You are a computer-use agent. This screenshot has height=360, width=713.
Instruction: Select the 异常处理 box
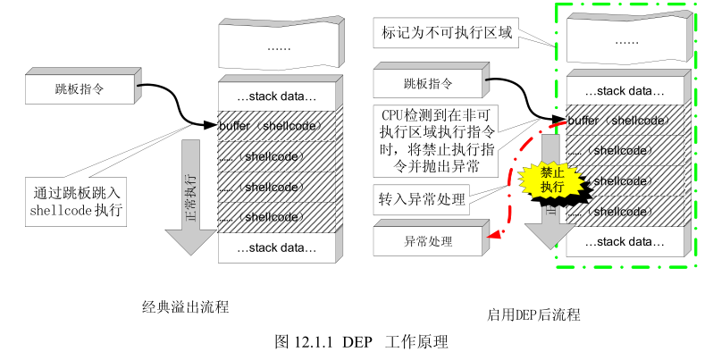click(428, 241)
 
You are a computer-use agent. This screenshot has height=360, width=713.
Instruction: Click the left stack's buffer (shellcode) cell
click(274, 126)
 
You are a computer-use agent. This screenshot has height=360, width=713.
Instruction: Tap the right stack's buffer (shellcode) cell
click(623, 121)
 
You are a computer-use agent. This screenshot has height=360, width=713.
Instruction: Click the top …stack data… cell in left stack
click(276, 96)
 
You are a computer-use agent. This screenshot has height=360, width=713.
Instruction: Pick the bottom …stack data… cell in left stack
click(276, 247)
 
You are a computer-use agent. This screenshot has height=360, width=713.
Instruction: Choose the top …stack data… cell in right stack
click(624, 91)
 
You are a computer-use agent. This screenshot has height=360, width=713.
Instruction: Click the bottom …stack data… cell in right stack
click(624, 242)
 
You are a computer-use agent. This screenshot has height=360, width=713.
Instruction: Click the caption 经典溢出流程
click(186, 307)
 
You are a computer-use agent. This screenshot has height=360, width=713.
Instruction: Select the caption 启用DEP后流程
click(533, 314)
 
